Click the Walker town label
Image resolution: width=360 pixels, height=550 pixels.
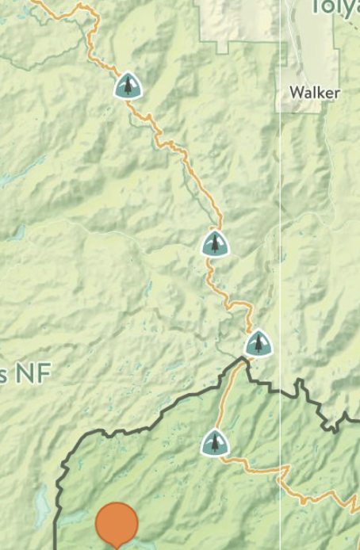[x=314, y=93]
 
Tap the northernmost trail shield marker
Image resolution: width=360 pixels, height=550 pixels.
[x=128, y=86]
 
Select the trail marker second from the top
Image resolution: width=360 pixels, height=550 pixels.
[x=215, y=244]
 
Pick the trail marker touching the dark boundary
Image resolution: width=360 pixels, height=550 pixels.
[x=258, y=344]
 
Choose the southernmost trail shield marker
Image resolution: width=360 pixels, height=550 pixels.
[x=214, y=443]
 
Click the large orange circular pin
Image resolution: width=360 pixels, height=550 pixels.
[x=117, y=524]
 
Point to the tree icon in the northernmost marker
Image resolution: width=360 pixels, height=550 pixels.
[x=128, y=85]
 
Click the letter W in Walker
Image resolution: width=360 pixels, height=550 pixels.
[x=296, y=93]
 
